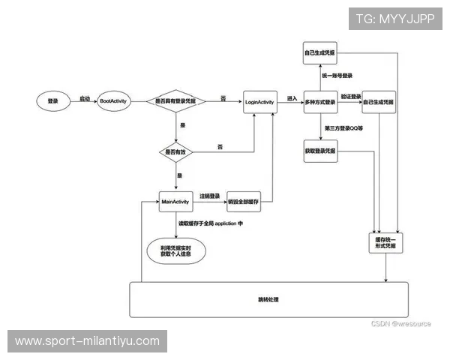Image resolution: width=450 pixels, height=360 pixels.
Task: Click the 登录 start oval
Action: click(x=52, y=100)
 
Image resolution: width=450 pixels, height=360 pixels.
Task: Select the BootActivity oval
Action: click(x=115, y=100)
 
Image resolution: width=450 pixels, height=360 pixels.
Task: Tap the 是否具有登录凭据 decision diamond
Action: click(x=176, y=100)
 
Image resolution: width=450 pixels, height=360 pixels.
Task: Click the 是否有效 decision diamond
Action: click(x=176, y=151)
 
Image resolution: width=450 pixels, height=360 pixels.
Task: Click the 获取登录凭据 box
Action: click(x=320, y=151)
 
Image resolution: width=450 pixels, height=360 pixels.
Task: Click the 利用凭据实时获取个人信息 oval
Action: click(x=176, y=250)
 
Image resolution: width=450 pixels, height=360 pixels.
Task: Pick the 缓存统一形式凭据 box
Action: click(x=385, y=241)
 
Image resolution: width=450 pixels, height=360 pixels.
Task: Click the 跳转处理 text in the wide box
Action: click(x=268, y=299)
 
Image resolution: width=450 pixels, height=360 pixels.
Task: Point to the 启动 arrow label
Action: click(x=85, y=97)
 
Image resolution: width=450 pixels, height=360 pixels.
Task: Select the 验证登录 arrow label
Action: click(x=351, y=97)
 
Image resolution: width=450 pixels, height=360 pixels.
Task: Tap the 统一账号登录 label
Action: click(x=337, y=76)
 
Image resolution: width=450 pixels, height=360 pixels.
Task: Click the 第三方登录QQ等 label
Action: click(x=343, y=128)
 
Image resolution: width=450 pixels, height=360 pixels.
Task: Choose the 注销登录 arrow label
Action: click(x=209, y=196)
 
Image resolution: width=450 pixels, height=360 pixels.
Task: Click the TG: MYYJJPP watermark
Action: click(x=394, y=18)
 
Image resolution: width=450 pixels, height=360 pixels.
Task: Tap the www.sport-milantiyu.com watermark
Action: click(x=87, y=341)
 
